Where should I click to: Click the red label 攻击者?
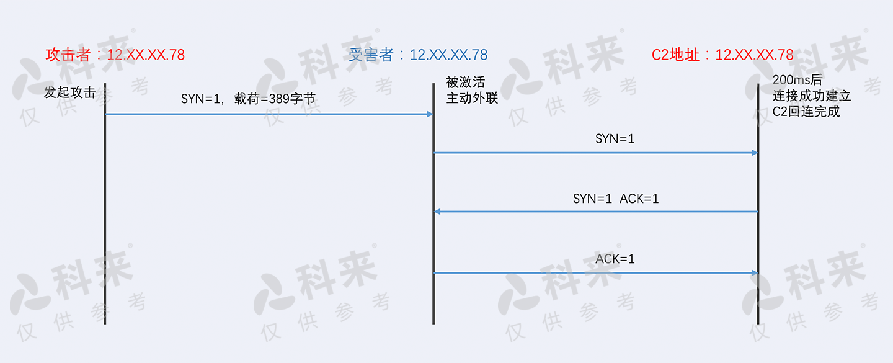tap(68, 55)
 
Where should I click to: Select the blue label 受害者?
tap(371, 55)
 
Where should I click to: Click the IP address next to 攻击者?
tap(146, 55)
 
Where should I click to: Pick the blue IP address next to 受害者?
tap(448, 55)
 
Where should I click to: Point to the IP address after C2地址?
tap(754, 55)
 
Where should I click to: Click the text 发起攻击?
tap(69, 93)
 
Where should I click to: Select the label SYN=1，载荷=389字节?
tap(248, 98)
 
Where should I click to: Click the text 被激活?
tap(465, 82)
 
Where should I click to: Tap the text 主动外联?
tap(472, 98)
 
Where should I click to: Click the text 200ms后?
tap(797, 80)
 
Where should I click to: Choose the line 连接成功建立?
tap(812, 96)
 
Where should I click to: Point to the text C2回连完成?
tap(806, 112)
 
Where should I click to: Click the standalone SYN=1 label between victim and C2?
tap(615, 139)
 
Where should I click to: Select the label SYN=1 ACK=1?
tap(615, 199)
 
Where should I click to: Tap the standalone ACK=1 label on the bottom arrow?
tap(615, 259)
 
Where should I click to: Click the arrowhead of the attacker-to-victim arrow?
tap(429, 114)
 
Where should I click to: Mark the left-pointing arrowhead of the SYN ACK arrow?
tap(437, 212)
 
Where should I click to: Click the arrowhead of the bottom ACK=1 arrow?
tap(754, 272)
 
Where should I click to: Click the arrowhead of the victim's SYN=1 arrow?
tap(754, 153)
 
